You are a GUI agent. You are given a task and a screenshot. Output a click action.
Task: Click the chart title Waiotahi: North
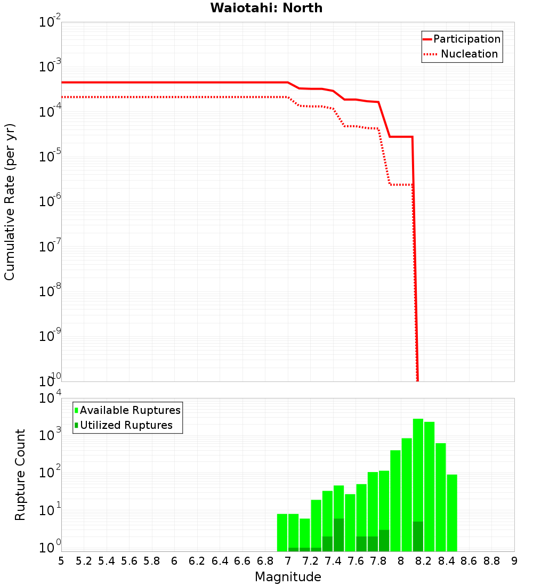pyautogui.click(x=266, y=8)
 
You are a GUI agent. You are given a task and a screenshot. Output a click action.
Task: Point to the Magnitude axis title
pyautogui.click(x=288, y=577)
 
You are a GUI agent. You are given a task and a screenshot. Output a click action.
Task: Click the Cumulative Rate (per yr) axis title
pyautogui.click(x=10, y=202)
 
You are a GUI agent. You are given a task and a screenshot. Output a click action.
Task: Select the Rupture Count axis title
pyautogui.click(x=20, y=475)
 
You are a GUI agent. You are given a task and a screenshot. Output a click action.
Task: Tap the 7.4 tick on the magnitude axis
pyautogui.click(x=333, y=561)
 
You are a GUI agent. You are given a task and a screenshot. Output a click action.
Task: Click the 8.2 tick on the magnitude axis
pyautogui.click(x=424, y=561)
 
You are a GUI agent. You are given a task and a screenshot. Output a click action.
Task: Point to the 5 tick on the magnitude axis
pyautogui.click(x=61, y=561)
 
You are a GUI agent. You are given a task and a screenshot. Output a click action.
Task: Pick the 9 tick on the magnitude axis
pyautogui.click(x=514, y=561)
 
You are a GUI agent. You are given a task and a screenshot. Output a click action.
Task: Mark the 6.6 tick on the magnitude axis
pyautogui.click(x=243, y=561)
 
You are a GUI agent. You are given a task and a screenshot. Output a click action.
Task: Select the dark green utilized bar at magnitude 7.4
pyautogui.click(x=338, y=535)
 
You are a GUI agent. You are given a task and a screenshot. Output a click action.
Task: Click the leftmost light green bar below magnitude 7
pyautogui.click(x=282, y=532)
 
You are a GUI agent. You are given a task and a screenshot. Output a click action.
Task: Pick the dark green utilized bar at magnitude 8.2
pyautogui.click(x=418, y=536)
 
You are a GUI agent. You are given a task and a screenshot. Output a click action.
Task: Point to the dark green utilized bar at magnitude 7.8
pyautogui.click(x=384, y=541)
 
